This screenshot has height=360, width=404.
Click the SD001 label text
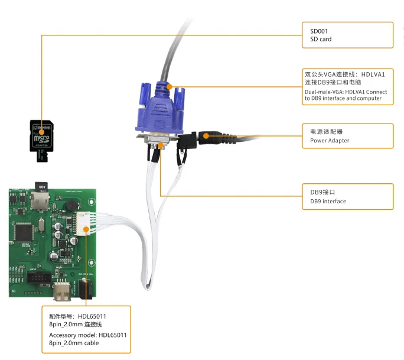[x=311, y=30]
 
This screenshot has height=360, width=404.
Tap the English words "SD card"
[x=317, y=40]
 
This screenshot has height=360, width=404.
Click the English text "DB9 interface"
[x=324, y=202]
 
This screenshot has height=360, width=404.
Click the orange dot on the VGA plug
[x=170, y=86]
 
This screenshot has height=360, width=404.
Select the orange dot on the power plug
[x=206, y=136]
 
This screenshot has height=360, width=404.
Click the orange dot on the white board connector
[x=86, y=228]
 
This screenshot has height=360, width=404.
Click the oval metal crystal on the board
[x=40, y=226]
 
